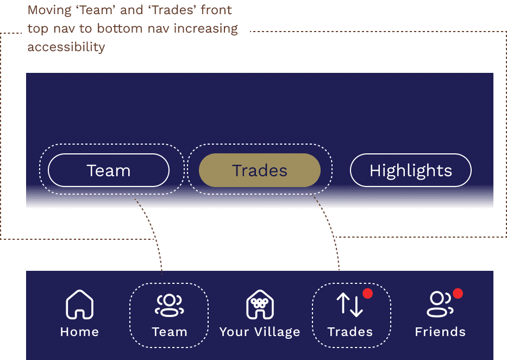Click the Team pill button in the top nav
[109, 171]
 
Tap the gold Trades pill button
[260, 171]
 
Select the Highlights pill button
[410, 171]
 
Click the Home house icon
[79, 305]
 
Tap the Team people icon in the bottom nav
[169, 305]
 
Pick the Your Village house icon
[260, 305]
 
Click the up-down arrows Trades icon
[349, 305]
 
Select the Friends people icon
[439, 305]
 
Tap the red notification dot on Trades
[368, 294]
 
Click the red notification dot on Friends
[458, 294]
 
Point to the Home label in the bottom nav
[79, 332]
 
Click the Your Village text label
[260, 332]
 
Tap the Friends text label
[440, 332]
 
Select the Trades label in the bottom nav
[350, 332]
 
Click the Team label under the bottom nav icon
[170, 332]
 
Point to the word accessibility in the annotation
[66, 47]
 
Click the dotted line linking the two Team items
[153, 234]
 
